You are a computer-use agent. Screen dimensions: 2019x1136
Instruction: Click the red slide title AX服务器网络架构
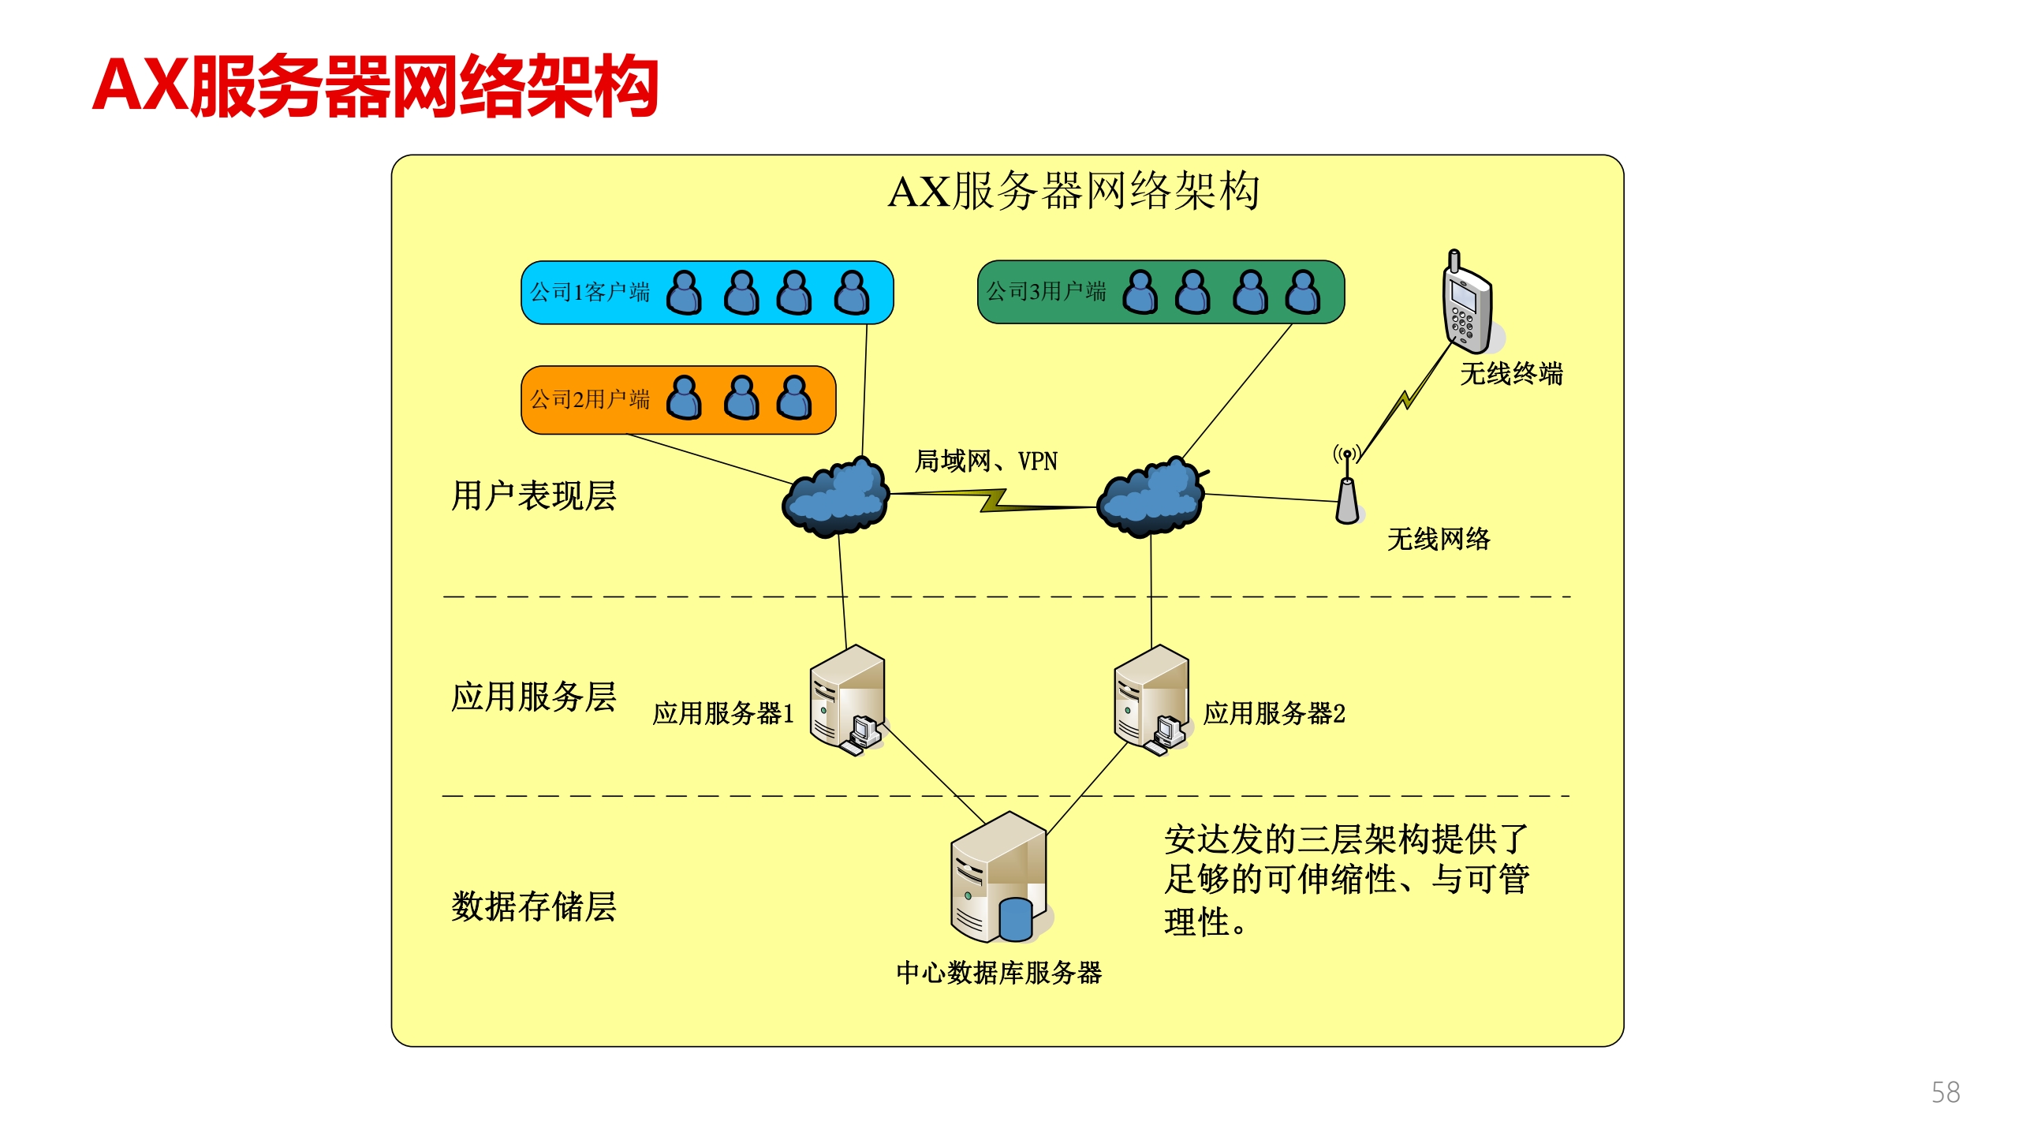(375, 86)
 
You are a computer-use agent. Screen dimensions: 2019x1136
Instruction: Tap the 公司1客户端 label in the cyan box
(590, 293)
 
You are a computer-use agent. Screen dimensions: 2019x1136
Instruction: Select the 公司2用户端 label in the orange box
(590, 400)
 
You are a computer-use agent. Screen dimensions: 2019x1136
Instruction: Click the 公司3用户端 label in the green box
(1047, 292)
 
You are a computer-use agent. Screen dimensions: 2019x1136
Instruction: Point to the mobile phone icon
(1466, 304)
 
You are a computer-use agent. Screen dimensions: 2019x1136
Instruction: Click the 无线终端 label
(1511, 374)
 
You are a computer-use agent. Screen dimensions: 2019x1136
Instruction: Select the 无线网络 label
(1439, 540)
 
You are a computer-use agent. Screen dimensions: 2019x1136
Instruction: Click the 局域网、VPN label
(986, 461)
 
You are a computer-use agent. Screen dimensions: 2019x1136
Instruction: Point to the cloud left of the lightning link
(836, 497)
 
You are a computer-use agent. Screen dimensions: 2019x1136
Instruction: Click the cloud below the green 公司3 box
(1151, 497)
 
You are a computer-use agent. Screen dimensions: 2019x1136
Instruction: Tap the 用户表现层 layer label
(534, 496)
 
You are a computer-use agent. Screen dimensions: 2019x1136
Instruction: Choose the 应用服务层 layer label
(534, 697)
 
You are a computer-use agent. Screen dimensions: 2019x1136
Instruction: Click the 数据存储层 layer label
(534, 906)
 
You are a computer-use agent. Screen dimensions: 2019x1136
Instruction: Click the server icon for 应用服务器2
(1151, 701)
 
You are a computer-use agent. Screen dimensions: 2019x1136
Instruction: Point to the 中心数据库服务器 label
(999, 973)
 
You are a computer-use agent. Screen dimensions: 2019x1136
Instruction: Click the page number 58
(1946, 1093)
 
